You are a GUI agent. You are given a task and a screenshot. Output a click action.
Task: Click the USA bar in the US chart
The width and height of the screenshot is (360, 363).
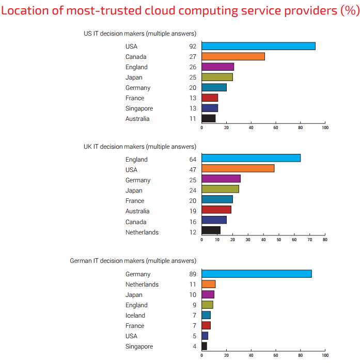point(258,46)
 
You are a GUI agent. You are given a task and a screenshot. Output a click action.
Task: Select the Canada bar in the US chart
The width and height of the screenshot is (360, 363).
point(233,56)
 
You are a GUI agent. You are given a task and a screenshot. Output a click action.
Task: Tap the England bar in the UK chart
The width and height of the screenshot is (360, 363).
point(251,158)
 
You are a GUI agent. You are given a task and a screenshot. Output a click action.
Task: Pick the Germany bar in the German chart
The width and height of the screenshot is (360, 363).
point(256,274)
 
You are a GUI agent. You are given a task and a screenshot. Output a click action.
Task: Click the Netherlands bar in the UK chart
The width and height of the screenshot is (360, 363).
point(211,230)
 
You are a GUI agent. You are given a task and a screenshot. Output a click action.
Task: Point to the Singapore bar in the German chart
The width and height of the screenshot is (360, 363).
point(204,346)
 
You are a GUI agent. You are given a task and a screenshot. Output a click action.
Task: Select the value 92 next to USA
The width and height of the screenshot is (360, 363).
point(193,46)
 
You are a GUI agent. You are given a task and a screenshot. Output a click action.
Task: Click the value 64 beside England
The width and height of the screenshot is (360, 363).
point(193,160)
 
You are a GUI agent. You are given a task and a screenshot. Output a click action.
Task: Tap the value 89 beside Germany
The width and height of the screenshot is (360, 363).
point(193,274)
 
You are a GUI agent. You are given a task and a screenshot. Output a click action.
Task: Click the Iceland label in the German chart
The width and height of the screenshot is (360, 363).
point(135,315)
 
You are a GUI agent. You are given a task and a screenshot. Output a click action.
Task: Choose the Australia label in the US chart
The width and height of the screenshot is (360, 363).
point(137,119)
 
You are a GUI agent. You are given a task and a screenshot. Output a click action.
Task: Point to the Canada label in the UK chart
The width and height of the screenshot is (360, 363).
point(136,222)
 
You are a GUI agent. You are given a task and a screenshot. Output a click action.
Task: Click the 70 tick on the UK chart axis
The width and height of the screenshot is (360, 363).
point(310,240)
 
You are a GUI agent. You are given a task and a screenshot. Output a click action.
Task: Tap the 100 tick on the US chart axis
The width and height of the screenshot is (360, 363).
point(324,127)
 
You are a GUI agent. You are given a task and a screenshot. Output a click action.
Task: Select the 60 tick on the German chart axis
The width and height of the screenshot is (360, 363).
point(276,355)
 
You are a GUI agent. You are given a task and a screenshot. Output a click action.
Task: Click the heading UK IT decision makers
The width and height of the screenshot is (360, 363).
point(139,147)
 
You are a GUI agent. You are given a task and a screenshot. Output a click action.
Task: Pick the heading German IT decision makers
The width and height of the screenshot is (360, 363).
point(133,261)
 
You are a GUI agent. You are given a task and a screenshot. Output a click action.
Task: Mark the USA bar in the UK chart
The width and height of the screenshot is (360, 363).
point(238,168)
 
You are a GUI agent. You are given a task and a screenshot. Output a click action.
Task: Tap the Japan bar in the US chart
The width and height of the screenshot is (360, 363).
point(217,77)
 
